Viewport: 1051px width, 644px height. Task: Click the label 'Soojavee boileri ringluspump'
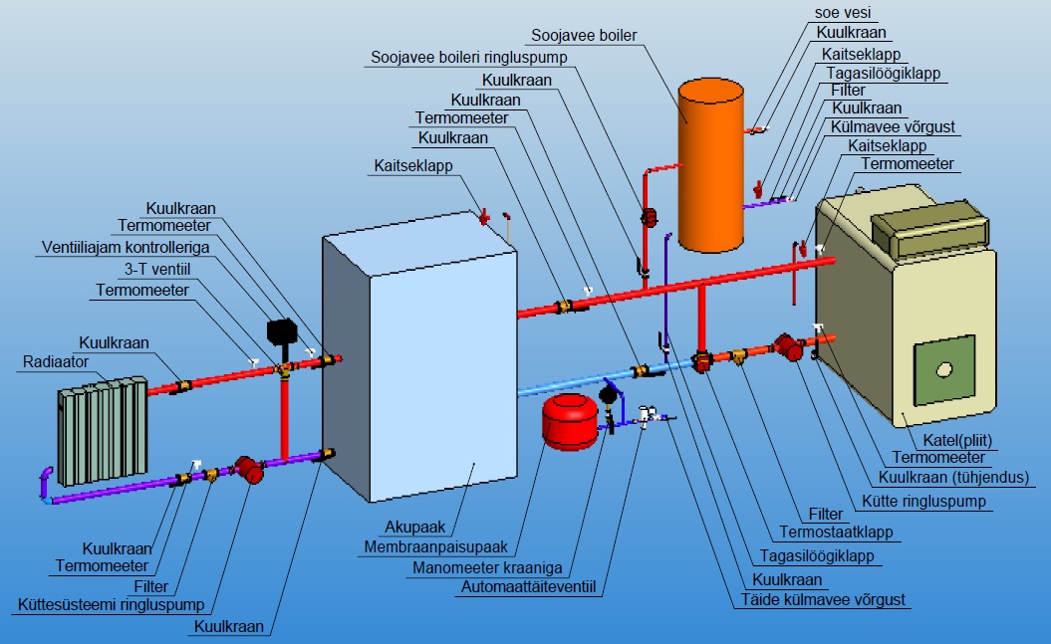click(x=468, y=57)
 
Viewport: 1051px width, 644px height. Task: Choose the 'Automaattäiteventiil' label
click(x=528, y=588)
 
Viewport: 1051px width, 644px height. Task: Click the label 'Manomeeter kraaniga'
click(x=487, y=568)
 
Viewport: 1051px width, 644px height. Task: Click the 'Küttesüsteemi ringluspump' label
click(x=111, y=604)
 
